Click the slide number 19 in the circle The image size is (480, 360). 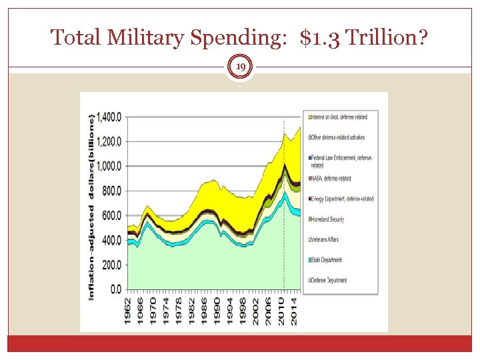(x=240, y=67)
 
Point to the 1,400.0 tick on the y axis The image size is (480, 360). (x=109, y=117)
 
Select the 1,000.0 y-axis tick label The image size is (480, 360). (x=109, y=166)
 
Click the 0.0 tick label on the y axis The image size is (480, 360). (x=115, y=289)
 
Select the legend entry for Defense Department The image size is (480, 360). (x=329, y=281)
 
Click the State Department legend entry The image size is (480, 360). (x=327, y=260)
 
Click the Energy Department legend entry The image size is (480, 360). (x=341, y=199)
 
